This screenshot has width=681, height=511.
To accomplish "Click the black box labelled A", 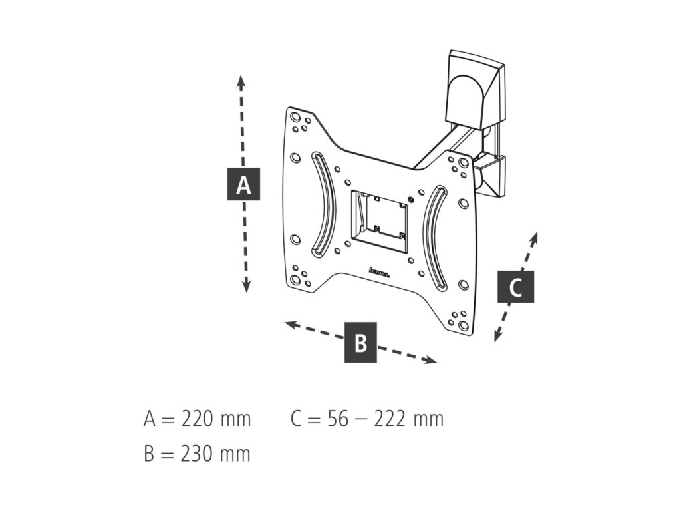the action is click(x=243, y=184).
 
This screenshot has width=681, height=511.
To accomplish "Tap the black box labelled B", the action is click(x=360, y=343).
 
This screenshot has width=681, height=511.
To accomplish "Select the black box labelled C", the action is click(x=515, y=287).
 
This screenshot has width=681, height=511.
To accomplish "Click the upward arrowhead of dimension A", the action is click(x=241, y=81).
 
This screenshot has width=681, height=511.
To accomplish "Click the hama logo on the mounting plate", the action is click(x=379, y=271).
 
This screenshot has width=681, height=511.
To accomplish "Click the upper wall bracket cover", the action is click(x=474, y=86).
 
